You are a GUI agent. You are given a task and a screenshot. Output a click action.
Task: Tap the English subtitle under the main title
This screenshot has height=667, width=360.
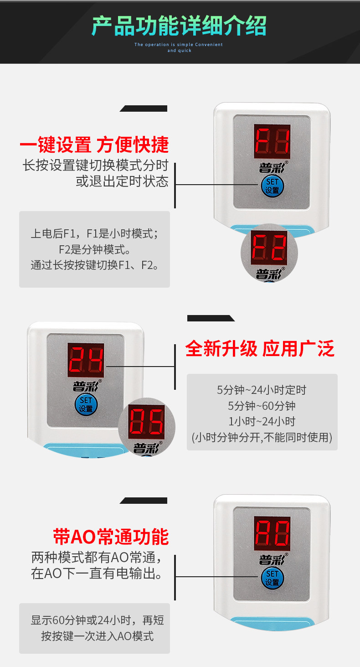(x=179, y=47)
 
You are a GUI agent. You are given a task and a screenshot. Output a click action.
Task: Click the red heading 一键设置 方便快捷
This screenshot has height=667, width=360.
(x=94, y=145)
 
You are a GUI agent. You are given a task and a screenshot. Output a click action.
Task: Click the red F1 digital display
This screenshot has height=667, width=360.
(x=272, y=141)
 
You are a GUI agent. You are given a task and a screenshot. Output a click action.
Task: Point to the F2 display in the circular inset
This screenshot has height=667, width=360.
(x=269, y=248)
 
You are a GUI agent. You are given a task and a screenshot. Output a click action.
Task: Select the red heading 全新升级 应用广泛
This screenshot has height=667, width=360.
(x=260, y=348)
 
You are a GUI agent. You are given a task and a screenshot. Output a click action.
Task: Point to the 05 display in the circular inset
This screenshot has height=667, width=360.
(x=146, y=422)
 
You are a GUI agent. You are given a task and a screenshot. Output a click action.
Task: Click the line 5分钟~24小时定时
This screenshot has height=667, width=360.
(x=262, y=390)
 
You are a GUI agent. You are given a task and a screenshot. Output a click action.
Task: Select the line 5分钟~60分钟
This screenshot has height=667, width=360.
(x=262, y=406)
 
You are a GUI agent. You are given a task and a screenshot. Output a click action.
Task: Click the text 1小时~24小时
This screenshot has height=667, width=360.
(x=262, y=421)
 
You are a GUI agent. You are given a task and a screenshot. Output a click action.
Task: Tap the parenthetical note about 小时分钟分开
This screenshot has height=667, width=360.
(x=262, y=437)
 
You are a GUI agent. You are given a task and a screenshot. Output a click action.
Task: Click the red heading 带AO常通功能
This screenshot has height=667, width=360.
(x=111, y=537)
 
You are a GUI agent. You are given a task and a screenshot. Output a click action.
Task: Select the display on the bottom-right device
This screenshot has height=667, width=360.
(x=272, y=533)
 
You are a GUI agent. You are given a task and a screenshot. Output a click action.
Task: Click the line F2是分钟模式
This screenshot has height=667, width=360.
(x=95, y=249)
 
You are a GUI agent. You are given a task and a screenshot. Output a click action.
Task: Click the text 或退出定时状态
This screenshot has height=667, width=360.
(x=122, y=181)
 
